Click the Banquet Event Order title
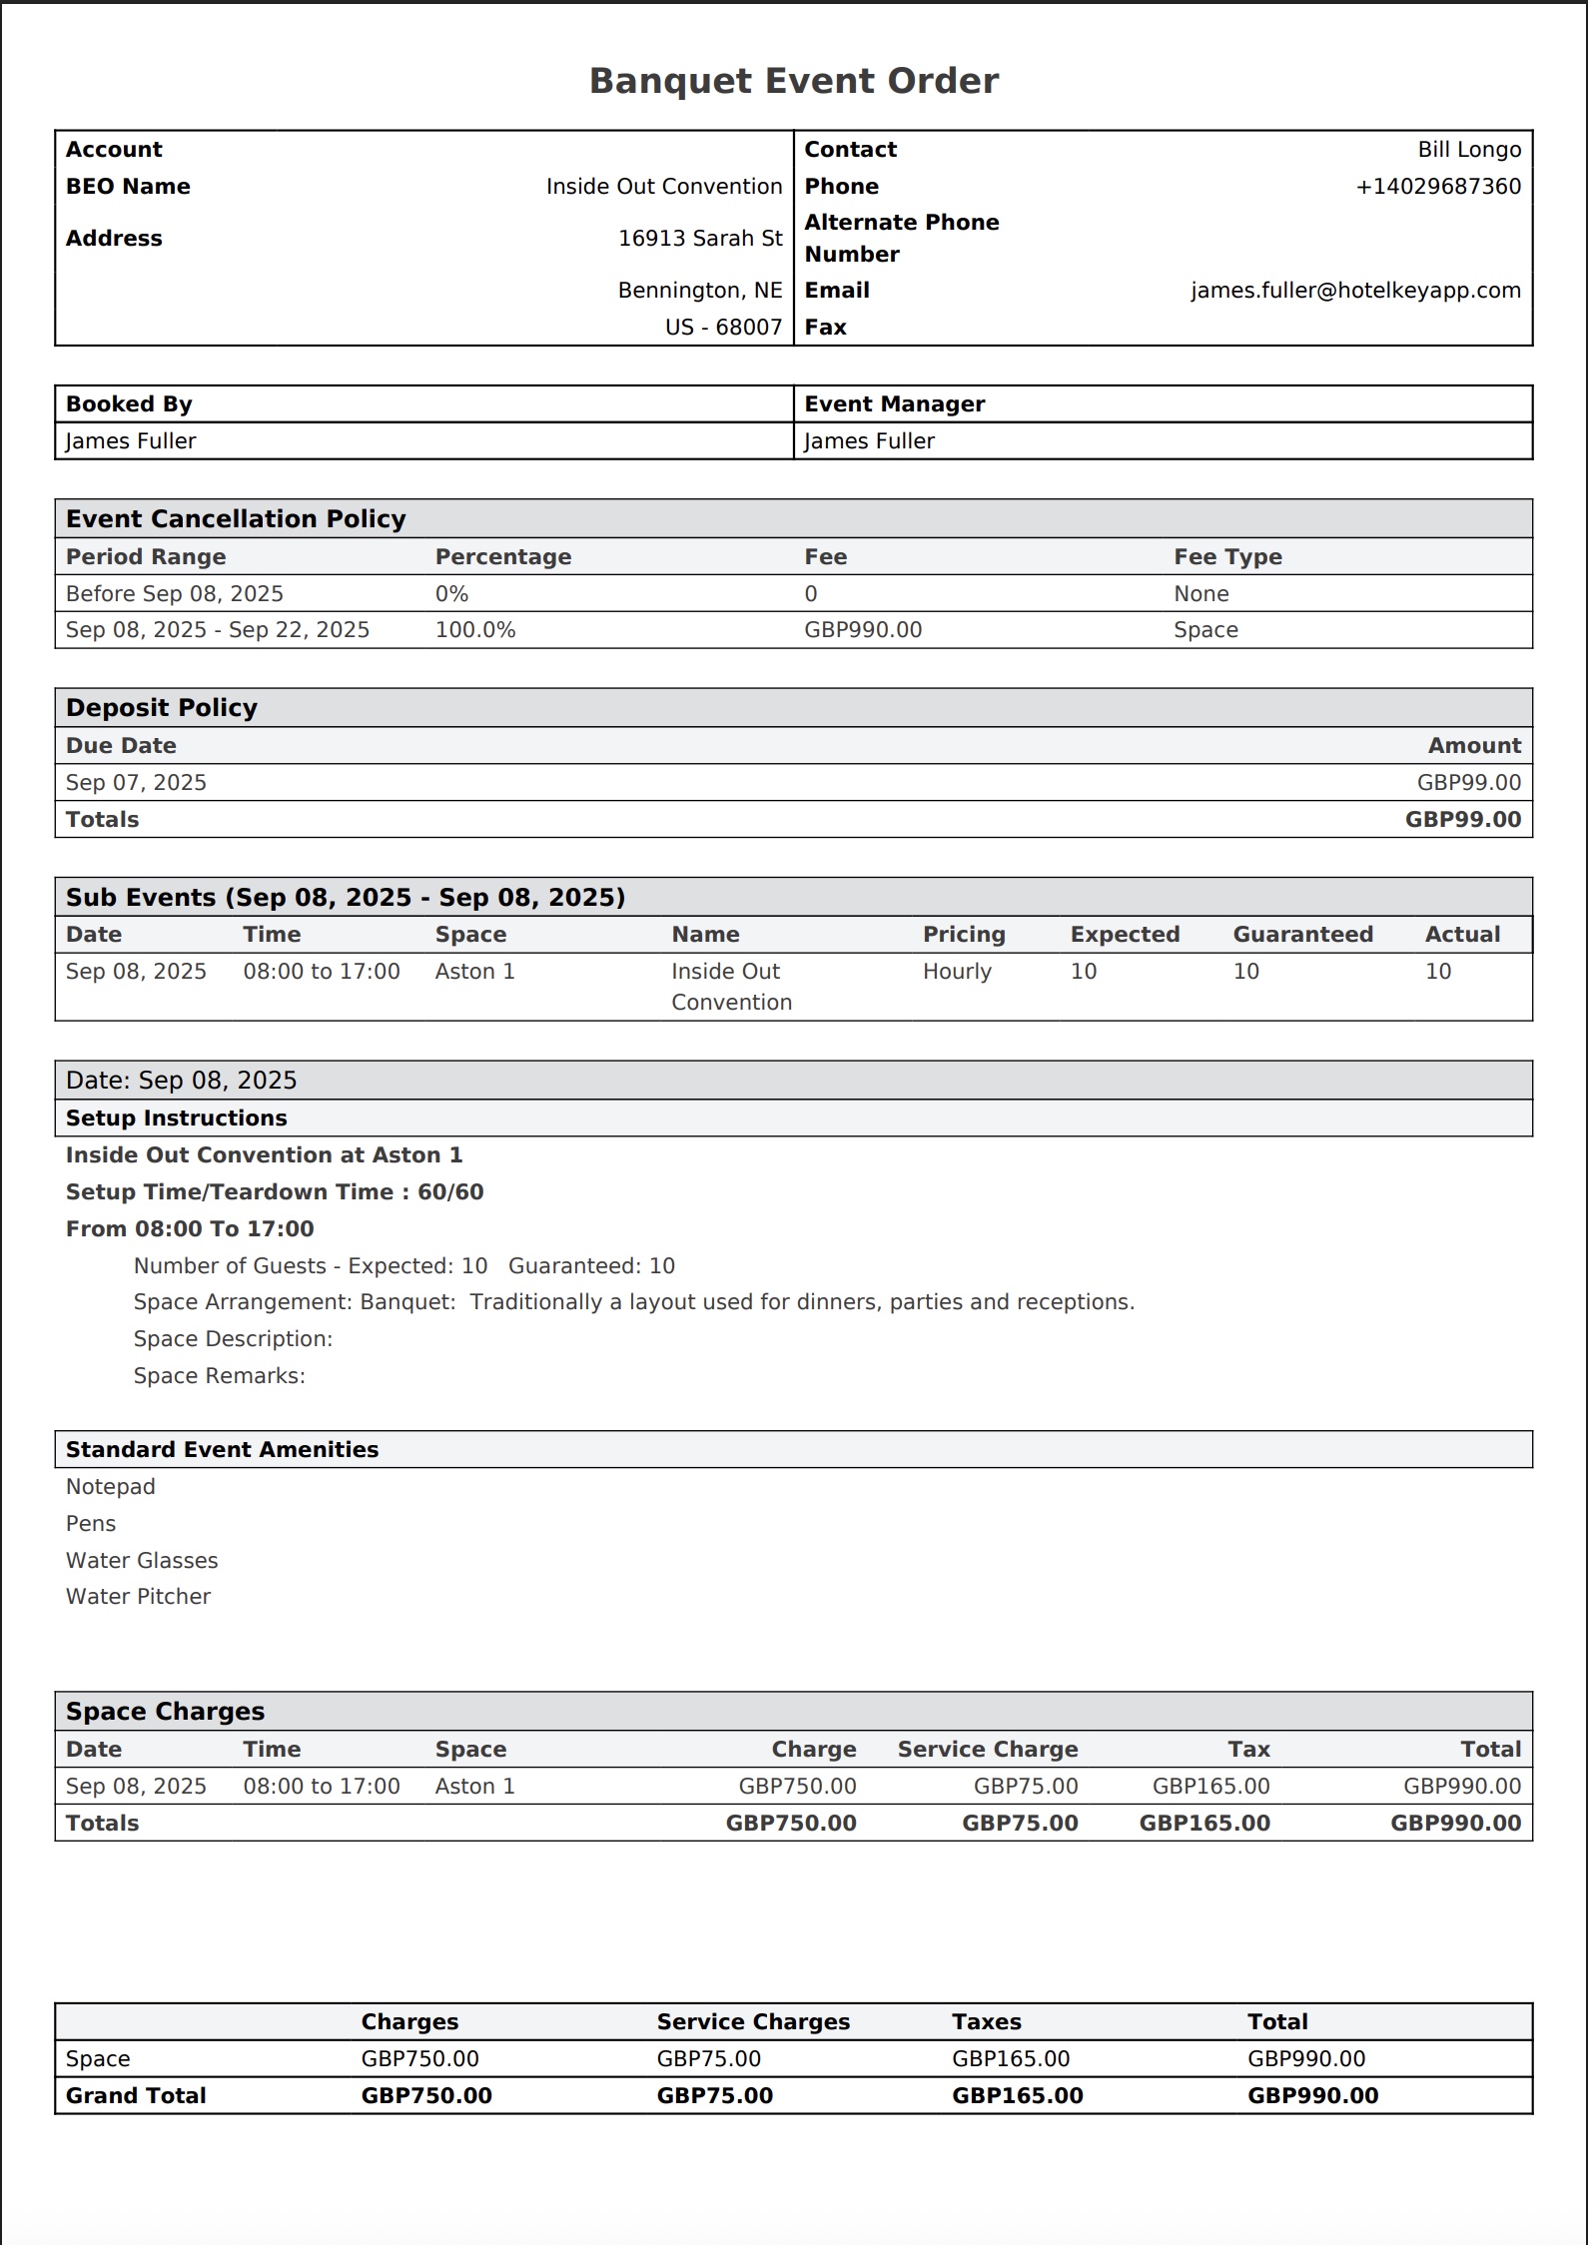(793, 81)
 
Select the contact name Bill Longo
(1469, 150)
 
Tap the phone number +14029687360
(1438, 187)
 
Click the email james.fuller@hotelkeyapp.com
(1355, 291)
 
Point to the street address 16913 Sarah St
(700, 239)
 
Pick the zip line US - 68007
(723, 328)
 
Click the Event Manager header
(894, 404)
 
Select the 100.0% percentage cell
(475, 630)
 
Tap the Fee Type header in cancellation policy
(1227, 557)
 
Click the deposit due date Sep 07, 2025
(136, 783)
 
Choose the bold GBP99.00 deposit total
(1462, 820)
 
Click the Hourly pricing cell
(957, 972)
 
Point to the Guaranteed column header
(1302, 935)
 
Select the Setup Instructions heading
(176, 1119)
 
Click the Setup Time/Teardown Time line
(275, 1192)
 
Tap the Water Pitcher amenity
(138, 1597)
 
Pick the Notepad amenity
(111, 1487)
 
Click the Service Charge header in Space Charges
(987, 1750)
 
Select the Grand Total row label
(136, 2096)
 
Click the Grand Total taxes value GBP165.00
(1017, 2096)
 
